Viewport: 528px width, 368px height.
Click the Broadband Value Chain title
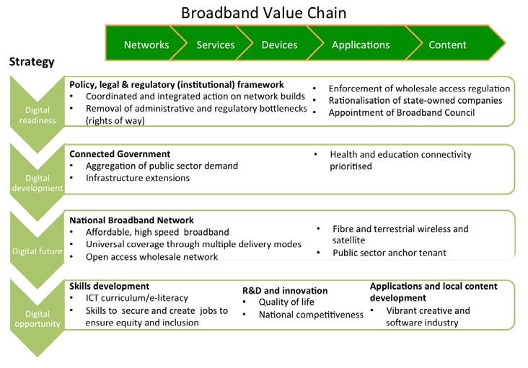[264, 13]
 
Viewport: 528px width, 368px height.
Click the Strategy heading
[32, 62]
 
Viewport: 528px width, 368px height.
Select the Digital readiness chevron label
[38, 115]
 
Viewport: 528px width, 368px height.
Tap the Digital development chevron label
[38, 183]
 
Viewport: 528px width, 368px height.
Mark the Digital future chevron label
[38, 251]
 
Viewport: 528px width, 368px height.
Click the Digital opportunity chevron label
[38, 319]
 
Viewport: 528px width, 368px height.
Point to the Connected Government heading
[120, 154]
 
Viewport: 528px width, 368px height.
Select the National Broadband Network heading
[131, 220]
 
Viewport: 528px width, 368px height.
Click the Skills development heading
[109, 287]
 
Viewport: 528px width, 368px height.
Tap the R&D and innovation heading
[285, 291]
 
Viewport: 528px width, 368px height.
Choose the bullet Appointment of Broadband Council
[402, 112]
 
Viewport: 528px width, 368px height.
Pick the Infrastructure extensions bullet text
[137, 178]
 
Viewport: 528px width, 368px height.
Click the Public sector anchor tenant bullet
[390, 253]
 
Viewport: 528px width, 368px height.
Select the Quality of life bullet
[286, 302]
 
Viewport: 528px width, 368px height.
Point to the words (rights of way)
[115, 121]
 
